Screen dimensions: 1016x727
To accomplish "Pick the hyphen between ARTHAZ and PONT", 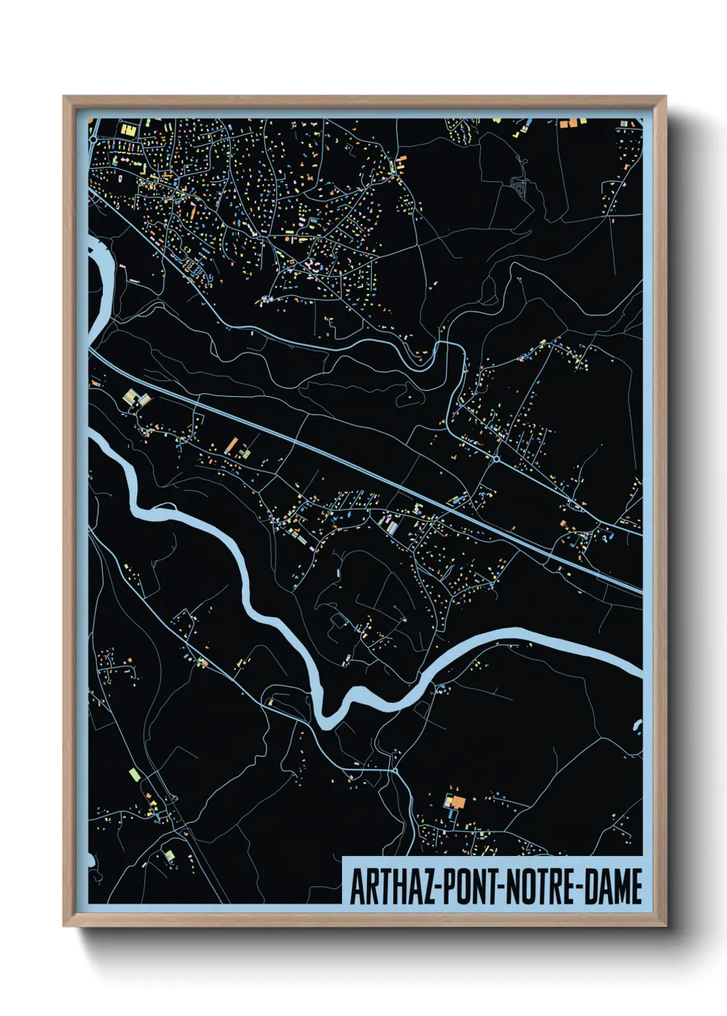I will click(438, 888).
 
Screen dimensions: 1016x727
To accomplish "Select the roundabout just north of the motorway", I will click(495, 458).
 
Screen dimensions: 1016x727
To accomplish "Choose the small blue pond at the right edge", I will click(638, 726).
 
